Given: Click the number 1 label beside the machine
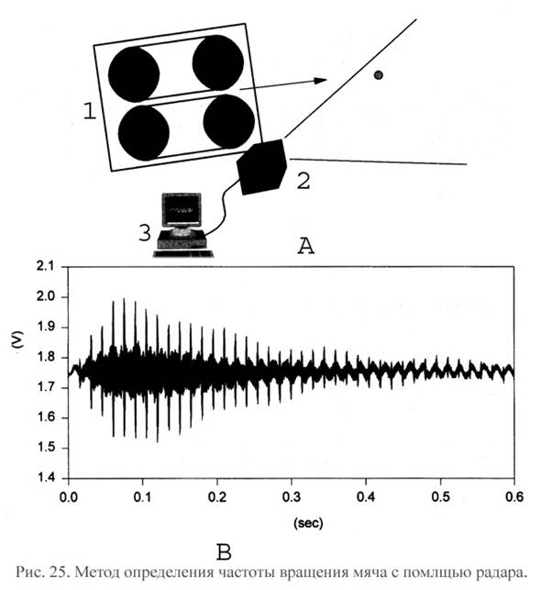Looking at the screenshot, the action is coord(90,111).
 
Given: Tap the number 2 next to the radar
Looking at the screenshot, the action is coord(304,181).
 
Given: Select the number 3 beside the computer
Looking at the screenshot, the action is coord(145,232).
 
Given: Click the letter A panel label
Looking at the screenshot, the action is coord(306,247).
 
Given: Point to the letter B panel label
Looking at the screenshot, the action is coord(224,552).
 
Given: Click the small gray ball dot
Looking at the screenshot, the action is coord(379,75).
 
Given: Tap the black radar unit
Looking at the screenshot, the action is coord(262,167).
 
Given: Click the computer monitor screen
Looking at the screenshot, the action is coord(182,210).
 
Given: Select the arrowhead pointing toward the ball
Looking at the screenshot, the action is coord(320,81).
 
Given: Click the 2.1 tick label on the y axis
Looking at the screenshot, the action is coord(45,267).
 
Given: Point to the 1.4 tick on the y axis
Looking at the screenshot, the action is coord(45,478).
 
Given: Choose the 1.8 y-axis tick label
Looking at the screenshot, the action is coord(45,357).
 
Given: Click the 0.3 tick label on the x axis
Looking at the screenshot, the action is coord(292,496).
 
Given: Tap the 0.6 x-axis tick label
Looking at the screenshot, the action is coord(513,496).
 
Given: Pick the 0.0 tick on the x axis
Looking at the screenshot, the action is coord(69,496).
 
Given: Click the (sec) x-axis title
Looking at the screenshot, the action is coord(308,523).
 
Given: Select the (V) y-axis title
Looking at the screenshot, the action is coord(17,340).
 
